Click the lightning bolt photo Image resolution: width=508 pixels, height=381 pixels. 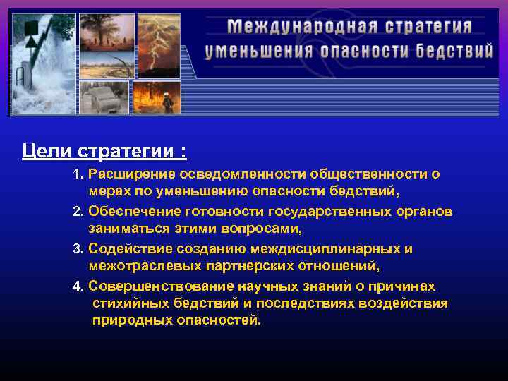pyautogui.click(x=158, y=46)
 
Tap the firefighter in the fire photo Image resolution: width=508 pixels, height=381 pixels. pyautogui.click(x=167, y=102)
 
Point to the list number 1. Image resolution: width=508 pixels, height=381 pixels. pyautogui.click(x=78, y=174)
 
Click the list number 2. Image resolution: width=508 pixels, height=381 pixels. pyautogui.click(x=78, y=212)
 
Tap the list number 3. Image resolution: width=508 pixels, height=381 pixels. pyautogui.click(x=78, y=250)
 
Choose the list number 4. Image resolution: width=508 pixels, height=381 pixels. pyautogui.click(x=78, y=287)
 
